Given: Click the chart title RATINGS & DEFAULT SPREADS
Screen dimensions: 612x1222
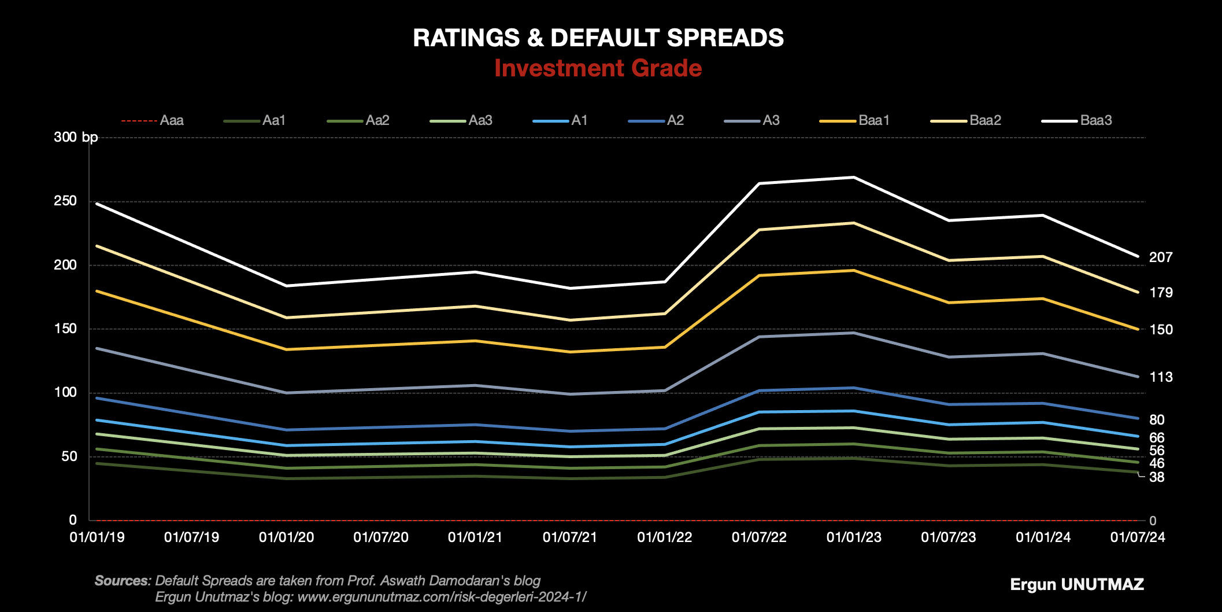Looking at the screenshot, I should [x=598, y=38].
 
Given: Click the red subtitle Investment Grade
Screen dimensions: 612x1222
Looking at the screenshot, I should [x=598, y=68].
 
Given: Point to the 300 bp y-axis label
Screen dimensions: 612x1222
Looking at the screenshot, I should [x=76, y=138].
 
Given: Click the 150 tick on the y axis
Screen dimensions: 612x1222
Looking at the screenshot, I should [x=65, y=329].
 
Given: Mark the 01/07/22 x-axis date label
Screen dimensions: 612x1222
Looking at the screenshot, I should [x=759, y=537].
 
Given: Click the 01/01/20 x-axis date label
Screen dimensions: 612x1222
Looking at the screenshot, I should [x=286, y=537].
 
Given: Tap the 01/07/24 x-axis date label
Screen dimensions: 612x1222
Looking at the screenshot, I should [x=1138, y=537].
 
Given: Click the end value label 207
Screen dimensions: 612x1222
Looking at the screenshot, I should [x=1161, y=257].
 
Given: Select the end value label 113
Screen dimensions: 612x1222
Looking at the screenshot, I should [x=1161, y=377].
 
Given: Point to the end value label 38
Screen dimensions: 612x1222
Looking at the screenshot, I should [x=1157, y=477].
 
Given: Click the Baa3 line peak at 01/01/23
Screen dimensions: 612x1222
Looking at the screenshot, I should [x=854, y=177].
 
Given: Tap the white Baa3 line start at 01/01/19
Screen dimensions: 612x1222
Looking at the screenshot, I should [x=97, y=204].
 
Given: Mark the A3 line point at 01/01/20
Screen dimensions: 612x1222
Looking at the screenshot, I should [x=286, y=393].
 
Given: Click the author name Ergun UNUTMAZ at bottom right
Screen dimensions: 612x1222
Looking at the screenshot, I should [x=1076, y=584].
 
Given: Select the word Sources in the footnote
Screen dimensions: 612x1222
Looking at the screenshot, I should [x=121, y=581].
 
